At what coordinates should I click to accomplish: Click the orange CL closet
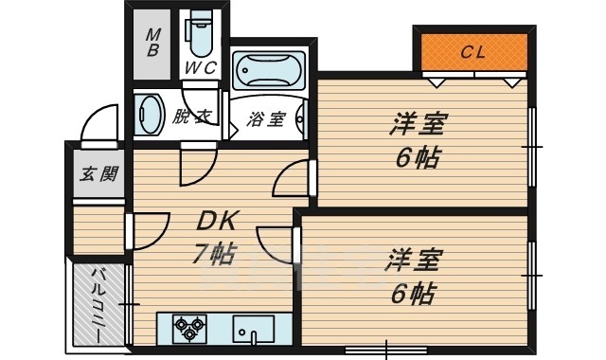[473, 53]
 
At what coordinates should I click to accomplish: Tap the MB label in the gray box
[152, 42]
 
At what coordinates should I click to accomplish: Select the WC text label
[200, 68]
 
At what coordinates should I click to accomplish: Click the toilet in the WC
[200, 36]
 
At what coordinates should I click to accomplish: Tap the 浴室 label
[266, 119]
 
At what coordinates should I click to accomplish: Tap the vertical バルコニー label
[97, 305]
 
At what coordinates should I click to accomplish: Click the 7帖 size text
[215, 253]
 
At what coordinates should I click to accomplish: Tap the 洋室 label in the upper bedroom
[418, 124]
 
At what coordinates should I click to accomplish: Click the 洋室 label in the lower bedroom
[412, 260]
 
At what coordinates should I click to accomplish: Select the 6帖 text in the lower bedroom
[414, 293]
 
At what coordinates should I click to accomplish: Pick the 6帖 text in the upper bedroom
[418, 157]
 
